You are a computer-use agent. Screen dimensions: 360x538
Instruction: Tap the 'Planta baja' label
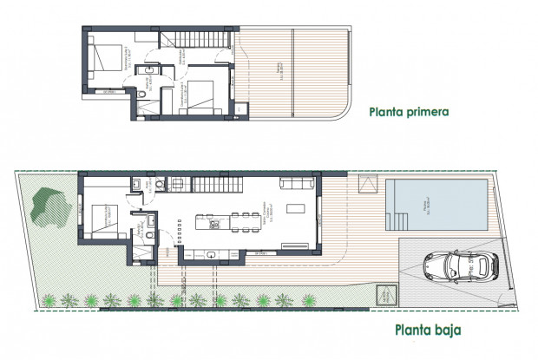426,330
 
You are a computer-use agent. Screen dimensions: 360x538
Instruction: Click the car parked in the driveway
457,264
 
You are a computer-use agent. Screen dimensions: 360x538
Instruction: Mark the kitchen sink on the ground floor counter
213,254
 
